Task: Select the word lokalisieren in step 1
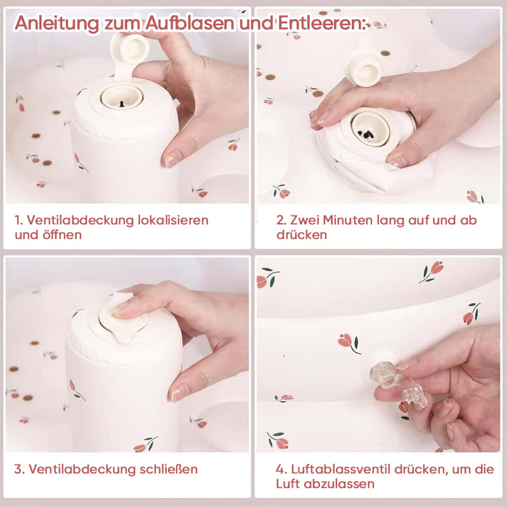[x=173, y=220]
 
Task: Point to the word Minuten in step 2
[x=347, y=220]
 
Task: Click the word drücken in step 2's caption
[x=302, y=234]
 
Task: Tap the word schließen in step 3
[x=169, y=469]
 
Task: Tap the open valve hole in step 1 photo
[x=121, y=96]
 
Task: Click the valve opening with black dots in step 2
[x=369, y=129]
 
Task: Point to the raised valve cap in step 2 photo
[x=363, y=67]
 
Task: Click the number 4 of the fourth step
[x=280, y=469]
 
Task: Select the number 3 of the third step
[x=18, y=469]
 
